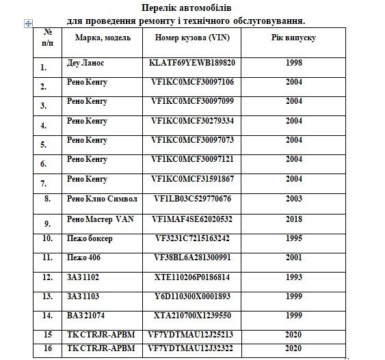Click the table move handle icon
pyautogui.click(x=27, y=23)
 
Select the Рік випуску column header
pyautogui.click(x=293, y=37)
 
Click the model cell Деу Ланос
pyautogui.click(x=88, y=62)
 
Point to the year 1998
pyautogui.click(x=294, y=62)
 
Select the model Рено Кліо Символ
pyautogui.click(x=102, y=199)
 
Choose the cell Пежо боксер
pyautogui.click(x=90, y=238)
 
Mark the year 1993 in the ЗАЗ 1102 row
pyautogui.click(x=294, y=277)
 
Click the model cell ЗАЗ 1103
pyautogui.click(x=84, y=296)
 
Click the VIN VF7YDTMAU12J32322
pyautogui.click(x=196, y=348)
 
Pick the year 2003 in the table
pyautogui.click(x=294, y=199)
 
